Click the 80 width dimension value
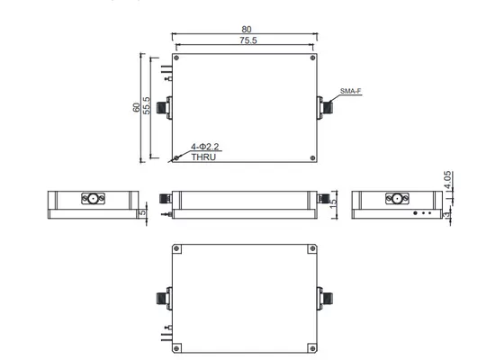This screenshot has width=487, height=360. click(x=247, y=29)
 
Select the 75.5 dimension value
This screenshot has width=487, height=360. click(x=248, y=40)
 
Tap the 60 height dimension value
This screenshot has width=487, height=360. click(x=136, y=107)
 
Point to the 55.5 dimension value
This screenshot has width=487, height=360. click(x=147, y=105)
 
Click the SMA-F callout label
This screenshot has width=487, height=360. click(x=351, y=91)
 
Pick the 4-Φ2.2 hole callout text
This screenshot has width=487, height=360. click(x=204, y=147)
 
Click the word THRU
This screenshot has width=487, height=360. click(x=203, y=157)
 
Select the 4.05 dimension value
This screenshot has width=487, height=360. click(x=447, y=180)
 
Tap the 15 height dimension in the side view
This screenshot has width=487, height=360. click(x=333, y=203)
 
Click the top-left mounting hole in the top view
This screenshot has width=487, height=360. click(x=176, y=58)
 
